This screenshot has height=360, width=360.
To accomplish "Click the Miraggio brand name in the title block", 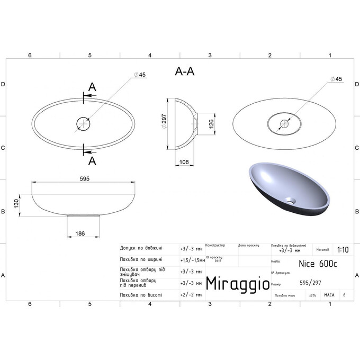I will [236, 282].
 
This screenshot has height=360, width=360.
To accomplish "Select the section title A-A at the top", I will [184, 73].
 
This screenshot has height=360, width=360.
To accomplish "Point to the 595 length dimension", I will [85, 178].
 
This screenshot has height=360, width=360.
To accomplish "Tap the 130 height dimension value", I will [16, 203].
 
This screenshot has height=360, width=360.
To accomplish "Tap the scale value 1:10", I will [342, 250].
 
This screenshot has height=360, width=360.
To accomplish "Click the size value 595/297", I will [310, 283].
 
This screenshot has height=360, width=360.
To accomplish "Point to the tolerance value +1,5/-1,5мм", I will [192, 260].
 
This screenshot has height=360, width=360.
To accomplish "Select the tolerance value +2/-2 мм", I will [191, 294].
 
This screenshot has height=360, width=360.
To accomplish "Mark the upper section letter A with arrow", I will [91, 88].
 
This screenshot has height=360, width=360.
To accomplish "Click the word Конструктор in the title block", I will [215, 245].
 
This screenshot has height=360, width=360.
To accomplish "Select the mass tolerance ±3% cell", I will [312, 295].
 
